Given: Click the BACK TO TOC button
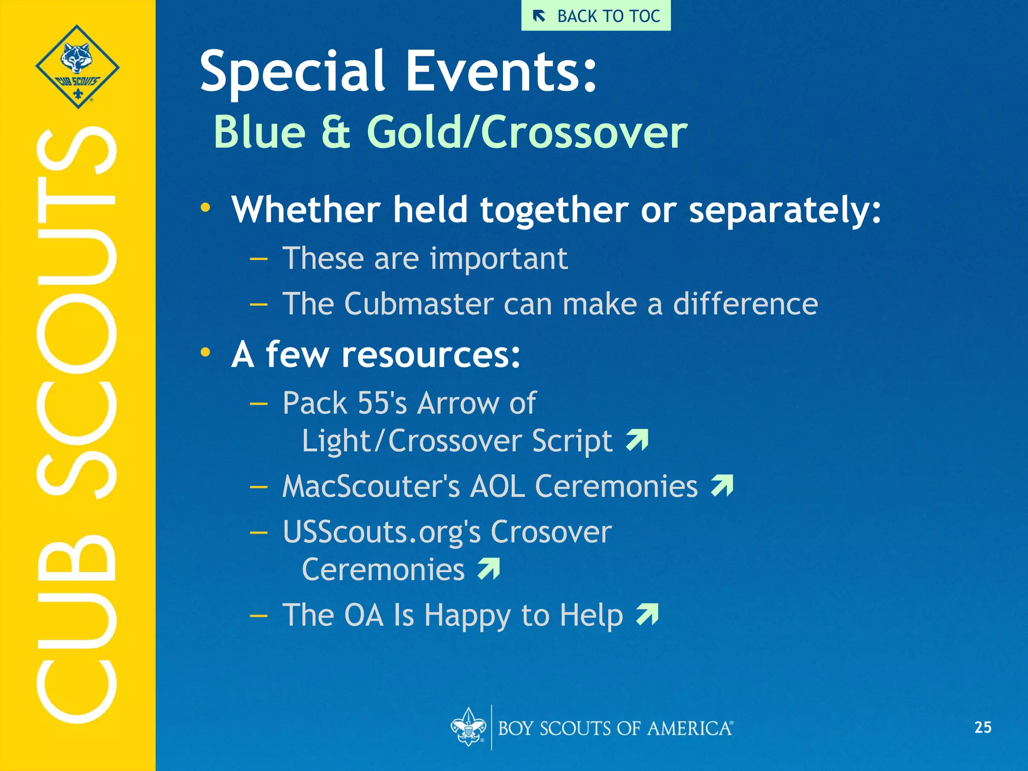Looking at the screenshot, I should tap(596, 16).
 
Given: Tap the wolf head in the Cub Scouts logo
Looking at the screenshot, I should tap(77, 57).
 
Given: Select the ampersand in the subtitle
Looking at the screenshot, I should tap(335, 132).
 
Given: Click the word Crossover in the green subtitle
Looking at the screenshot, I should tap(584, 132).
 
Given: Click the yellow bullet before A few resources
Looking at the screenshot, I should tap(205, 352).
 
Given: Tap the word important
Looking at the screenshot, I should tap(498, 259).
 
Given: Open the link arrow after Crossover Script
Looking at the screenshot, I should tap(637, 440).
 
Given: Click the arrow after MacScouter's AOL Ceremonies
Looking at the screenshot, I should tap(722, 485).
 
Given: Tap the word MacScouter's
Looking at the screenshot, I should tap(371, 486).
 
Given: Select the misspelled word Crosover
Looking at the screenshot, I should tap(551, 532).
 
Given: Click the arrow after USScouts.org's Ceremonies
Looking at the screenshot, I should tap(489, 569).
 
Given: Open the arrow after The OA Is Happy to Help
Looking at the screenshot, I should tap(647, 614).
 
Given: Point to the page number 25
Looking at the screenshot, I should tap(982, 727).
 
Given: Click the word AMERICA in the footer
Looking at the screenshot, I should tap(689, 728).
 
